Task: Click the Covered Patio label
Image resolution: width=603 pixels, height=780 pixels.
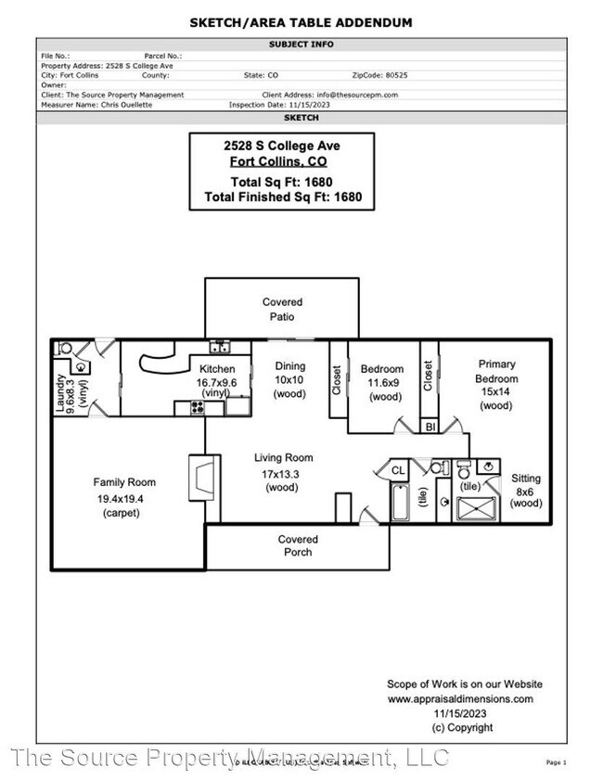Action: (x=282, y=309)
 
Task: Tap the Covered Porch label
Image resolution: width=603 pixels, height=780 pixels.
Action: (x=298, y=545)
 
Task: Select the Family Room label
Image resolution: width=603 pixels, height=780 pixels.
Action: (x=124, y=482)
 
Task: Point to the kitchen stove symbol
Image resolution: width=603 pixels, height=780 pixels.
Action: (x=197, y=406)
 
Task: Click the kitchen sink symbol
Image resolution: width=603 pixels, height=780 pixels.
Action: (x=220, y=348)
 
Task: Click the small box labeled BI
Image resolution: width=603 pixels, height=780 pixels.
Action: (x=430, y=428)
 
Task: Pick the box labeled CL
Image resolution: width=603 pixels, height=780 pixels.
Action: (x=398, y=470)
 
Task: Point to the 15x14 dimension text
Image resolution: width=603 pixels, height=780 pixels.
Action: (x=496, y=392)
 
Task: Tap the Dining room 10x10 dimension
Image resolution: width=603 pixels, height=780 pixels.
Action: (x=289, y=380)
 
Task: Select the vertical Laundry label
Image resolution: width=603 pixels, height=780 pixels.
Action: (x=61, y=393)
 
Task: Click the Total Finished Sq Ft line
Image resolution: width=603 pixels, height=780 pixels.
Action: (x=282, y=198)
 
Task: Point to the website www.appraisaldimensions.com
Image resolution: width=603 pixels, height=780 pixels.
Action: (x=460, y=698)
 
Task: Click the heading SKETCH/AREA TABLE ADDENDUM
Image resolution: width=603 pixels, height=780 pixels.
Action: (x=301, y=22)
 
